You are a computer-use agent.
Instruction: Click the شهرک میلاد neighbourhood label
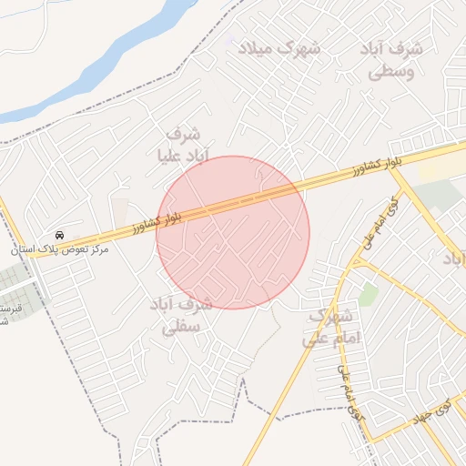point(279,47)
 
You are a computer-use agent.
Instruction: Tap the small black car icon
point(60,235)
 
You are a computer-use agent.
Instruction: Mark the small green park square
point(368,294)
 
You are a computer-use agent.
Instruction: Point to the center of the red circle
point(233,232)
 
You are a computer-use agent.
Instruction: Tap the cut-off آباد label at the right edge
point(453,259)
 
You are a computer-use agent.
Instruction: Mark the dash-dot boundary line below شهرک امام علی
point(300,414)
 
